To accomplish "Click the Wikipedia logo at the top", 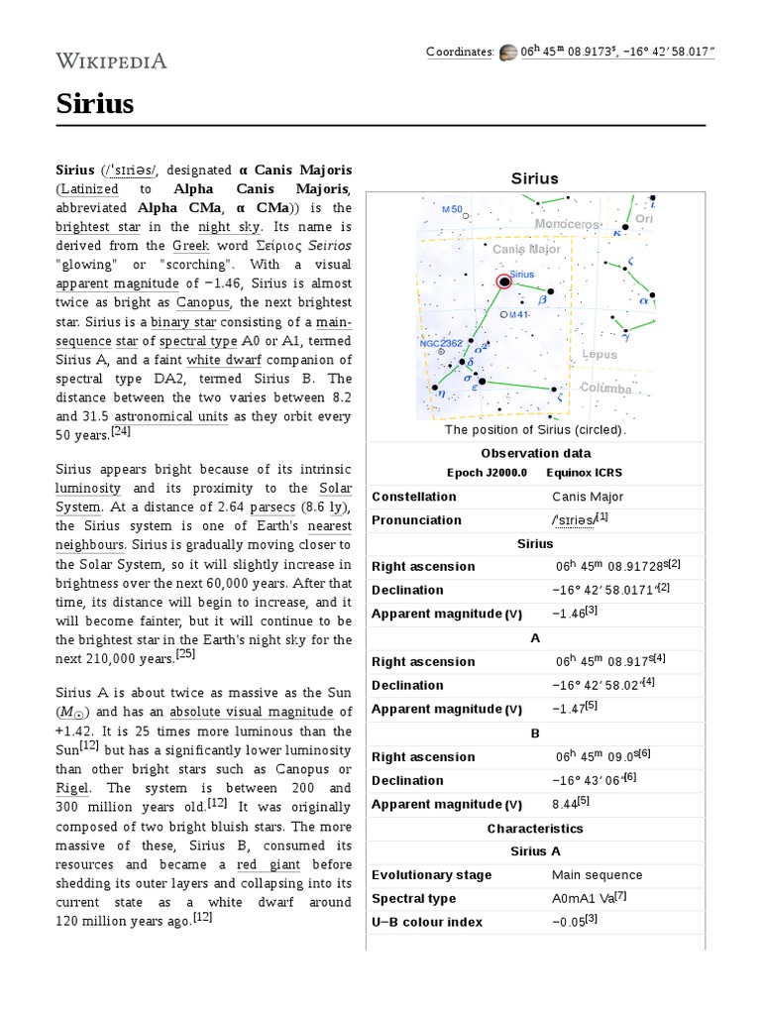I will [x=111, y=61].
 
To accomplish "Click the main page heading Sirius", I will [x=94, y=103].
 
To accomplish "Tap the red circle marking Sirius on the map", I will [x=504, y=282].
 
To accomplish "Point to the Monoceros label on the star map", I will [x=567, y=225].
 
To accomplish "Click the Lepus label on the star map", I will [x=598, y=354].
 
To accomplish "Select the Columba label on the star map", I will [x=605, y=389].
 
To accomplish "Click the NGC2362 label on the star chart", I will [x=440, y=343].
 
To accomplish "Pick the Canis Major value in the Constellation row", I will [x=588, y=496].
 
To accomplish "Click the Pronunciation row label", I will [x=416, y=519].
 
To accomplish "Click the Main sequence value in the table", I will [x=597, y=874].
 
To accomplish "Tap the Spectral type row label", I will [x=413, y=898].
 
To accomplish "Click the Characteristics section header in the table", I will [x=535, y=828].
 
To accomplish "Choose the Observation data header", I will [x=535, y=453].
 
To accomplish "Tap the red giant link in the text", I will [x=260, y=864].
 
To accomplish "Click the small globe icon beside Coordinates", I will [x=507, y=52].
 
